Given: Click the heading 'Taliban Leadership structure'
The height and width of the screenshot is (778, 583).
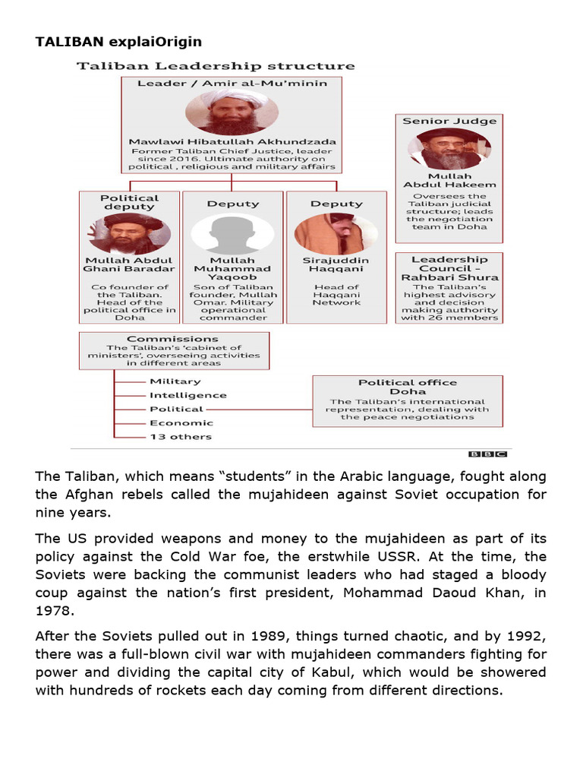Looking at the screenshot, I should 215,66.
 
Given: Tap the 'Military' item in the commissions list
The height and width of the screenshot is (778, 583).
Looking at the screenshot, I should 175,381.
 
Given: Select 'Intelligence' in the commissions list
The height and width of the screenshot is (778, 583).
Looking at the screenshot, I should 188,395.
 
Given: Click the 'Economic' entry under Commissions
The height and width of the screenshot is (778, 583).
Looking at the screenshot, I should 181,423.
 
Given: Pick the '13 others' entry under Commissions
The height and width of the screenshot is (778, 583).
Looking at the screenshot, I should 181,437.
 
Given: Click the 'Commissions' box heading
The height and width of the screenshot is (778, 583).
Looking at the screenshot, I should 172,339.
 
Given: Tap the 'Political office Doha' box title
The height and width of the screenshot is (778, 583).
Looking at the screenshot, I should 408,387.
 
